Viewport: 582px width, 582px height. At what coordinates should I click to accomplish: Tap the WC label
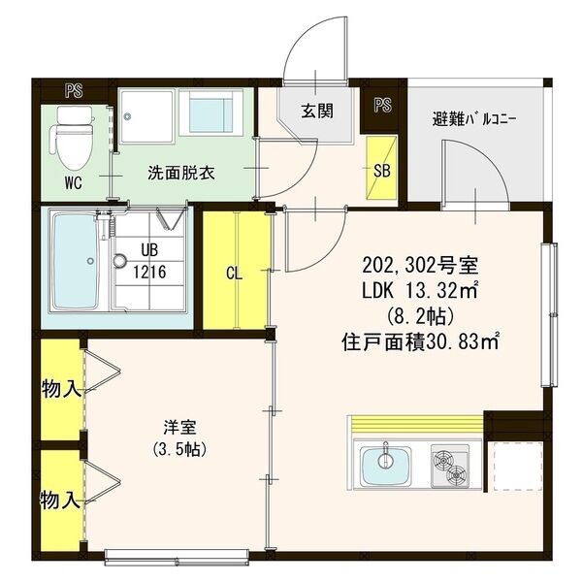click(73, 183)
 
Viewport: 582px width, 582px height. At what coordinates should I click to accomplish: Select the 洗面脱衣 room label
click(181, 173)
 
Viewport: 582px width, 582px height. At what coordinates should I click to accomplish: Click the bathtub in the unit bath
click(76, 261)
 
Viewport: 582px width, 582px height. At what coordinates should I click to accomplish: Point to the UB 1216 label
click(149, 261)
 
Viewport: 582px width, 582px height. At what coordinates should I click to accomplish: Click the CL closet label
click(234, 274)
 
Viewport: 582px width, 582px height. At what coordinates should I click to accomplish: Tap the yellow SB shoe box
click(381, 168)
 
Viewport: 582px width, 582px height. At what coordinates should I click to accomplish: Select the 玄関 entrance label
click(316, 111)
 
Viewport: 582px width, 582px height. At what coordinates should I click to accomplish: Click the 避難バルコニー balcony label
click(474, 120)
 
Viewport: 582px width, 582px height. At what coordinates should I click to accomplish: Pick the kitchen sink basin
click(385, 467)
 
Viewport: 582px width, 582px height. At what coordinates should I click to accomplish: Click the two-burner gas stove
click(450, 467)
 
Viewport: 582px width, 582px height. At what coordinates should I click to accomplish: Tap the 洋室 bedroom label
click(180, 427)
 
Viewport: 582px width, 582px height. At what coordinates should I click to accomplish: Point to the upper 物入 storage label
click(60, 389)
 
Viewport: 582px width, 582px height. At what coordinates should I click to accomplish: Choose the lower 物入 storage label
click(60, 500)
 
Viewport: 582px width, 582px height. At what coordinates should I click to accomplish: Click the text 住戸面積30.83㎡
click(420, 342)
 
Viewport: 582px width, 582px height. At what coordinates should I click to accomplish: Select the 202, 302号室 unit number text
click(420, 266)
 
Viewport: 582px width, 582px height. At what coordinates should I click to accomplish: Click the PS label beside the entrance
click(382, 105)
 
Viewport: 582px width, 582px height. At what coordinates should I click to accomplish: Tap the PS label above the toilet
click(74, 91)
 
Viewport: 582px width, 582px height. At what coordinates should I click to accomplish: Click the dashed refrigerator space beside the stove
click(515, 467)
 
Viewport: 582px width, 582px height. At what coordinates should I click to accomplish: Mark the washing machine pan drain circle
click(128, 116)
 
